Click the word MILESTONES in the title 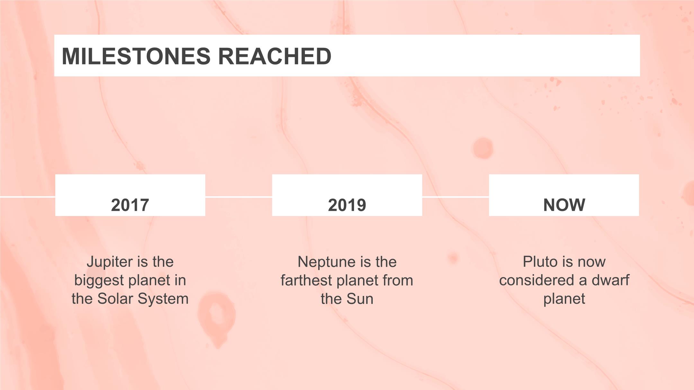click(136, 56)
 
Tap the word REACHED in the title click(275, 56)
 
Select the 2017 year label click(130, 205)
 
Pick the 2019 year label click(347, 205)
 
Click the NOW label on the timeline click(564, 205)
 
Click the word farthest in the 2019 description click(306, 280)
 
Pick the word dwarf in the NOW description click(610, 280)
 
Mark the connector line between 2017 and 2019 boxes click(239, 197)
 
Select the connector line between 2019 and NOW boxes click(456, 197)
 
